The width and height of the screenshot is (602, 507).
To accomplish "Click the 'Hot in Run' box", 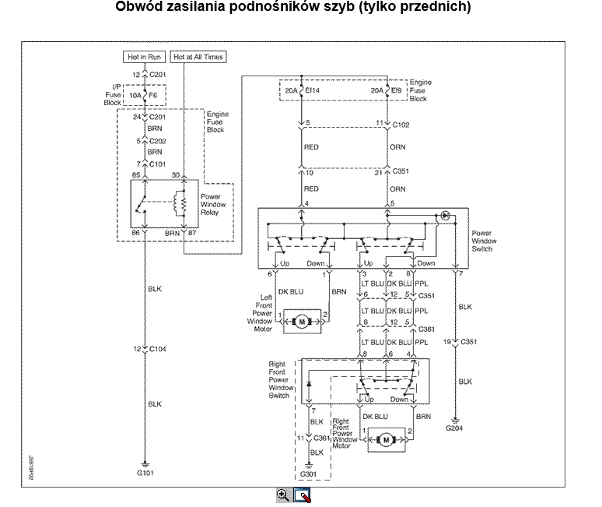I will pyautogui.click(x=145, y=57).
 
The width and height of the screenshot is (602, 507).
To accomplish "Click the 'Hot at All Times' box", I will pyautogui.click(x=198, y=57).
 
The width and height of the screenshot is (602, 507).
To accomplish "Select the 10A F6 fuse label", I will pyautogui.click(x=145, y=95).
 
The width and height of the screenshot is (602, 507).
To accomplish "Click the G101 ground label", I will pyautogui.click(x=145, y=473).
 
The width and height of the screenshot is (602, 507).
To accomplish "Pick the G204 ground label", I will pyautogui.click(x=454, y=428).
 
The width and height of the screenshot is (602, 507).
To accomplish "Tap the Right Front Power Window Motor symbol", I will pyautogui.click(x=387, y=440).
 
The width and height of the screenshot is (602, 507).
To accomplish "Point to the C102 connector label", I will pyautogui.click(x=401, y=124).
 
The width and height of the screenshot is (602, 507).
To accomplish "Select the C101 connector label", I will pyautogui.click(x=158, y=164).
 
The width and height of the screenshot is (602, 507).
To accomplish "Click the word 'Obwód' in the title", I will pyautogui.click(x=136, y=7).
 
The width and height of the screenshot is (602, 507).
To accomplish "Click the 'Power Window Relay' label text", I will pyautogui.click(x=211, y=204).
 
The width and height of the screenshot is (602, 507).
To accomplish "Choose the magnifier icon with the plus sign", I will pyautogui.click(x=283, y=495).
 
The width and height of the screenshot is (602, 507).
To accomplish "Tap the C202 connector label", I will pyautogui.click(x=158, y=141).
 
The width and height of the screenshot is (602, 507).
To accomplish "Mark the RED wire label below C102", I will pyautogui.click(x=311, y=146).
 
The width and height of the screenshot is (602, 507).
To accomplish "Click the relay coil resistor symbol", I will pyautogui.click(x=184, y=203).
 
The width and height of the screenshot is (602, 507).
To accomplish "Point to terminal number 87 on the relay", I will pyautogui.click(x=191, y=232).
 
